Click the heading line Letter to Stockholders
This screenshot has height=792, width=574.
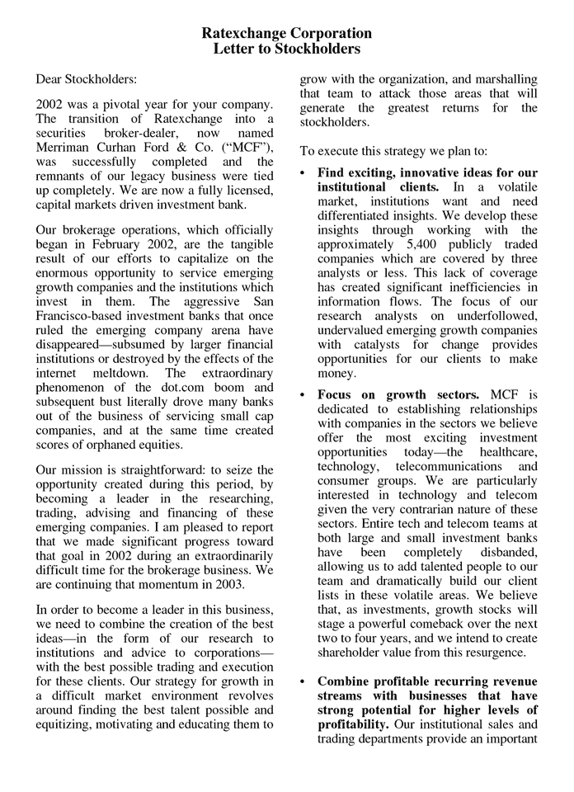click(x=286, y=49)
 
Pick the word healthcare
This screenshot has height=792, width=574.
click(x=505, y=454)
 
